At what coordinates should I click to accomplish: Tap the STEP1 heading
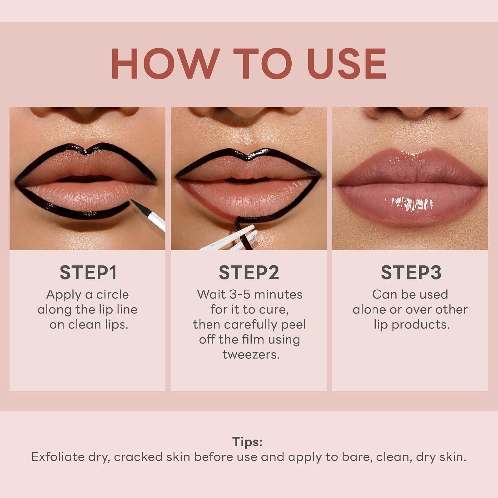[x=88, y=272]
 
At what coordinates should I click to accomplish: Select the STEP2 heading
[x=249, y=272]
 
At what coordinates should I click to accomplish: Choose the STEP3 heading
[x=411, y=272]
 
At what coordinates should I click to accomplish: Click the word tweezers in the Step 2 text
[x=251, y=354]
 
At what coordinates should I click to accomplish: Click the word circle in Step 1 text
[x=112, y=294]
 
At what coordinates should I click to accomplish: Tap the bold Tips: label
[x=247, y=442]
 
